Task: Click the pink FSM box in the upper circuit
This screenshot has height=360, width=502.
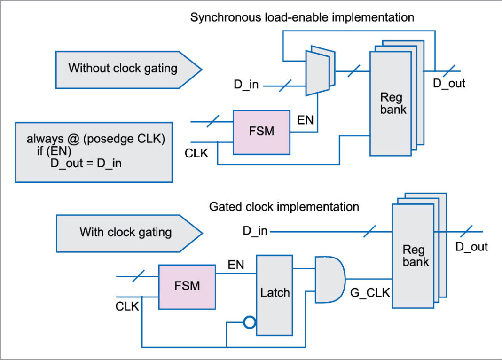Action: tap(261, 132)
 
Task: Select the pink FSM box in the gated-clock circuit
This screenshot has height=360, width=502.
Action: tap(187, 287)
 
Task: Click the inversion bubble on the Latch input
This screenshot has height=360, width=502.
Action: tap(250, 322)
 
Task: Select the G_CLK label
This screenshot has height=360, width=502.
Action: tap(370, 294)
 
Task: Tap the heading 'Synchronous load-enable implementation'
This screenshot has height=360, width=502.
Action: tap(302, 18)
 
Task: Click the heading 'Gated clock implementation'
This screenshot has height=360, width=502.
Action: tap(284, 206)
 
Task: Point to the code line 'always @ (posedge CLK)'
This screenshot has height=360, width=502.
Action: tap(96, 140)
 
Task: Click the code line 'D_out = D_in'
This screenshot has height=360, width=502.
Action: tap(86, 164)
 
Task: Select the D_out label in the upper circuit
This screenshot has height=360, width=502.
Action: tap(449, 84)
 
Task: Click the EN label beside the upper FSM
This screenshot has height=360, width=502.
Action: tap(305, 120)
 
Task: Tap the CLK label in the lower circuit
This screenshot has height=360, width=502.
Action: tap(127, 307)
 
